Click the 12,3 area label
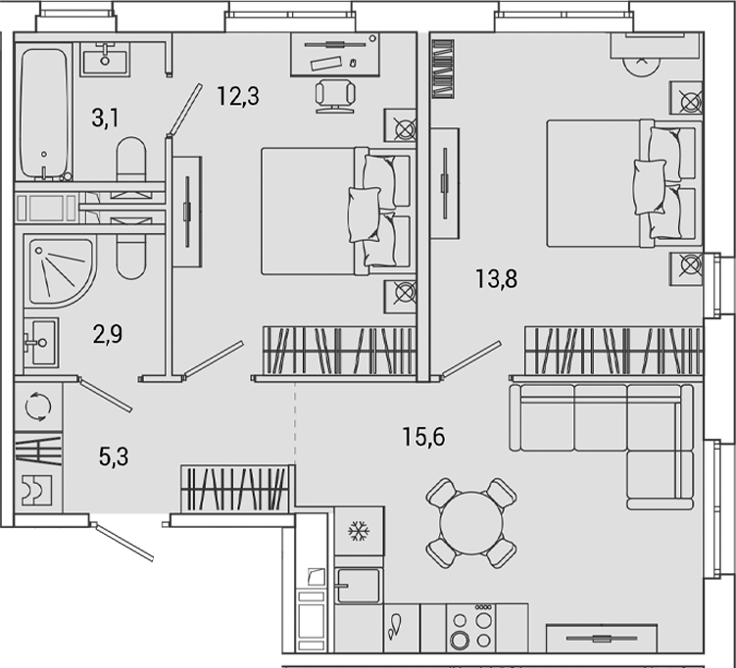(238, 96)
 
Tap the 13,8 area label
(496, 278)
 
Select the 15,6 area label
(423, 437)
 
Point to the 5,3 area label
(114, 456)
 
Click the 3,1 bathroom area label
(105, 118)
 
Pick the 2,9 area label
(108, 334)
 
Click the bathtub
(44, 113)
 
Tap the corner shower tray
(60, 272)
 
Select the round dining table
(470, 522)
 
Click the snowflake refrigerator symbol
(359, 532)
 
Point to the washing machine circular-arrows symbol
(37, 406)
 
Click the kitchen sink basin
(358, 586)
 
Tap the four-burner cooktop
(471, 628)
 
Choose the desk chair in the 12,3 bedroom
(335, 96)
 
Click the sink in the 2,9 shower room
(41, 343)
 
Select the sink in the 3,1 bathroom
(105, 59)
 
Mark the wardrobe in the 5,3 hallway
(234, 489)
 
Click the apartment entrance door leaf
(123, 542)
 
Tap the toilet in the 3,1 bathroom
(131, 159)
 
